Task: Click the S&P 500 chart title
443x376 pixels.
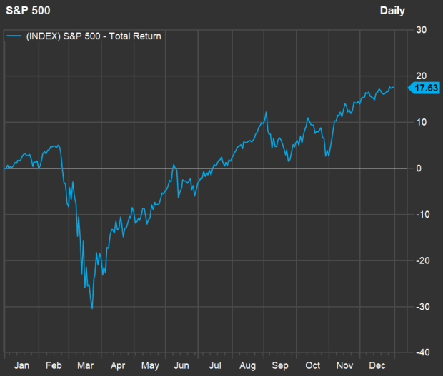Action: pyautogui.click(x=26, y=11)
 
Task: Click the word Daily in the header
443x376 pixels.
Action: pyautogui.click(x=392, y=11)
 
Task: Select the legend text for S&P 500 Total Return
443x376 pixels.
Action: pyautogui.click(x=94, y=36)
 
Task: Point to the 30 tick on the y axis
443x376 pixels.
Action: pyautogui.click(x=421, y=30)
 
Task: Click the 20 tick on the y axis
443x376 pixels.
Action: pyautogui.click(x=421, y=76)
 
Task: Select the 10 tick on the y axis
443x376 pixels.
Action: pyautogui.click(x=421, y=122)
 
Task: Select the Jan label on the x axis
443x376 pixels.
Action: pyautogui.click(x=21, y=365)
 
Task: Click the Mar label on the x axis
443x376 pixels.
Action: pyautogui.click(x=86, y=365)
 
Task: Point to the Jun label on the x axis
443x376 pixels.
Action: pyautogui.click(x=182, y=365)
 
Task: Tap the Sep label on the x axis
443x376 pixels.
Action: pyautogui.click(x=281, y=365)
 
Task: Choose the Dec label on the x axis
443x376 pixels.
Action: pyautogui.click(x=377, y=365)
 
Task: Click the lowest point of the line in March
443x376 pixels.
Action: pyautogui.click(x=92, y=308)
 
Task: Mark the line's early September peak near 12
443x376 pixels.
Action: pyautogui.click(x=267, y=112)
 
